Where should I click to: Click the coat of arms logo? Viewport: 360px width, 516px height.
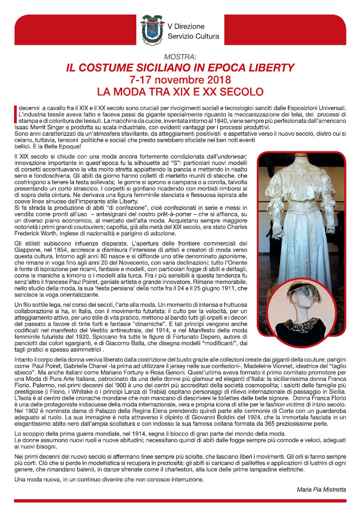152,30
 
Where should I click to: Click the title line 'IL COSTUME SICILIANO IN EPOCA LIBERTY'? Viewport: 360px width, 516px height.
180,68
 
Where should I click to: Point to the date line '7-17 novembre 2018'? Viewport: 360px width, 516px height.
180,80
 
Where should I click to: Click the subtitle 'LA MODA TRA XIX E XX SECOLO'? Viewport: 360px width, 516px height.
180,91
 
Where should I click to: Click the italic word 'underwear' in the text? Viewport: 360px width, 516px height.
230,156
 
